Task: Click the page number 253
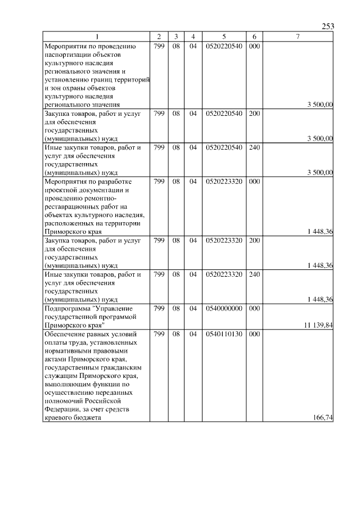(328, 26)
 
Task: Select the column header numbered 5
(224, 37)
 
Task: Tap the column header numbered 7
(298, 37)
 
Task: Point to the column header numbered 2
(159, 37)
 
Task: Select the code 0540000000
(224, 309)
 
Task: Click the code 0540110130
(224, 334)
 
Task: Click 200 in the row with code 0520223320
(254, 240)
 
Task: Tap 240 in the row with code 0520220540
(254, 147)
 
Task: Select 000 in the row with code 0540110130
(254, 334)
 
